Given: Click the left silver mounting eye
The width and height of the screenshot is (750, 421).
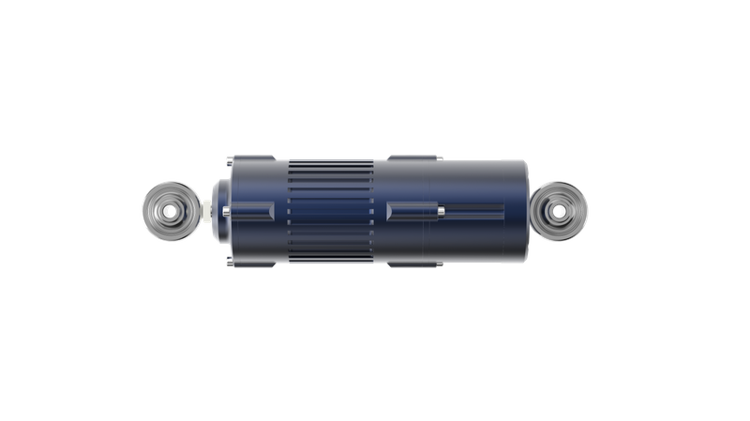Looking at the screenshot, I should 171,209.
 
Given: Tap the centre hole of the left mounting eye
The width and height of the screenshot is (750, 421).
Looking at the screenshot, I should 171,210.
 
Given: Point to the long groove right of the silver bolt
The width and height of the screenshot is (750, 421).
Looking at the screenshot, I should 473,211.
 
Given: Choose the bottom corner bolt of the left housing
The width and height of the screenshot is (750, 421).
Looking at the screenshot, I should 248,263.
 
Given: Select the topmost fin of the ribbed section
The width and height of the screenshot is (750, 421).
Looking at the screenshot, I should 331,162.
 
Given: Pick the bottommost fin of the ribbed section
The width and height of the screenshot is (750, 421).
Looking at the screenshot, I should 331,260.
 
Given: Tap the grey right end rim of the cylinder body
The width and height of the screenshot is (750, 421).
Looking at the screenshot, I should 521,211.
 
